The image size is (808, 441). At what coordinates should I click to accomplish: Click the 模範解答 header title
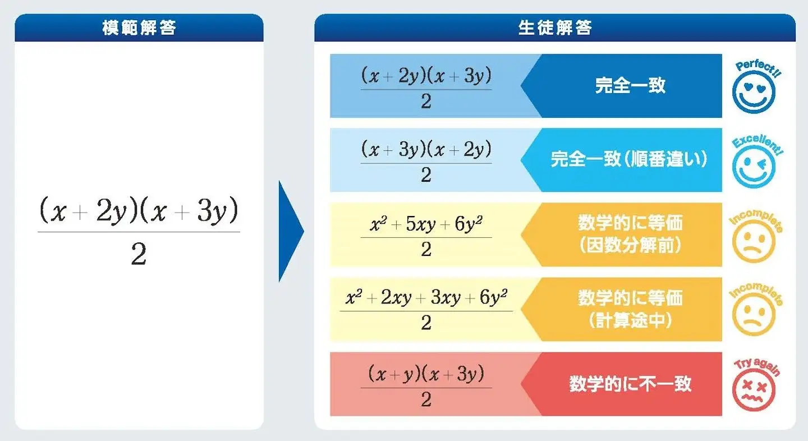[139, 27]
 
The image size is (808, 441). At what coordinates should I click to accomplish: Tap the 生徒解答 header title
[555, 27]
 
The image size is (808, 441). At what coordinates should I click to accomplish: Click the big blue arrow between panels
[291, 231]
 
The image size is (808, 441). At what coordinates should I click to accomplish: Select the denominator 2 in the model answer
[139, 254]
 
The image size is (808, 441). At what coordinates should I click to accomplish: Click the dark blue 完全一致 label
[630, 86]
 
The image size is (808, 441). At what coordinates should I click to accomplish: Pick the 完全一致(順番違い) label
[629, 159]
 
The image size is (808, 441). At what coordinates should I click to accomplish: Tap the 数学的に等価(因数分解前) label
[630, 234]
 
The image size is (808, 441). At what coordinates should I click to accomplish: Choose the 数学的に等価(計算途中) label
[630, 309]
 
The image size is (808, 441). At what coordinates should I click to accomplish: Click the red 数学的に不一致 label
[630, 384]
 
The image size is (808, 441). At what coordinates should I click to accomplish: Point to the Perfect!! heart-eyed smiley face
[754, 91]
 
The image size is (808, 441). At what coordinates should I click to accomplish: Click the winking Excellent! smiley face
[754, 166]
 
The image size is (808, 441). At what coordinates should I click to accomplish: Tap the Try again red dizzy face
[754, 389]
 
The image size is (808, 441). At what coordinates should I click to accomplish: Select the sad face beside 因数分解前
[754, 241]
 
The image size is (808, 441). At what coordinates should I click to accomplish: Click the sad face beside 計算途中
[754, 314]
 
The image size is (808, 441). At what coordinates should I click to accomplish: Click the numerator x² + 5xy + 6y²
[426, 224]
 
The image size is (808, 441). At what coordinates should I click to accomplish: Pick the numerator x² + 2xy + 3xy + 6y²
[426, 297]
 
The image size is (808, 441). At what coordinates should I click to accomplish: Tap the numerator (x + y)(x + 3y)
[426, 373]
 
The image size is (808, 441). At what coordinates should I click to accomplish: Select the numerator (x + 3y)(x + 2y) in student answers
[426, 149]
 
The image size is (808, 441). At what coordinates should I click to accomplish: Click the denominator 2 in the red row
[426, 399]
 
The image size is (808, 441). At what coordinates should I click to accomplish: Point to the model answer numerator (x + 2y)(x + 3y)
[139, 210]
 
